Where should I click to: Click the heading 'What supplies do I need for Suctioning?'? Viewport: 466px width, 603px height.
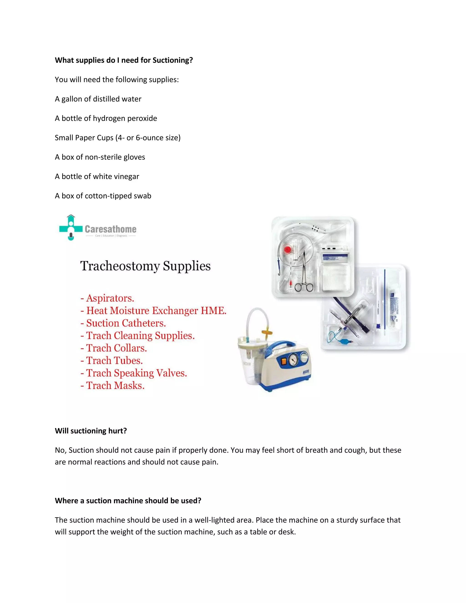pyautogui.click(x=124, y=60)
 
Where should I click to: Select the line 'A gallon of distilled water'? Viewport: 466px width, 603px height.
pyautogui.click(x=98, y=99)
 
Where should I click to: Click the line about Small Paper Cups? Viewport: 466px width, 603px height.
pyautogui.click(x=118, y=137)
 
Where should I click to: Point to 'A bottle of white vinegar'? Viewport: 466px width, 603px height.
pyautogui.click(x=97, y=176)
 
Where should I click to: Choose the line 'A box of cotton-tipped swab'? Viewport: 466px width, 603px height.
pyautogui.click(x=103, y=196)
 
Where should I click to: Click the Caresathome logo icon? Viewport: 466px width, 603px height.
pyautogui.click(x=71, y=228)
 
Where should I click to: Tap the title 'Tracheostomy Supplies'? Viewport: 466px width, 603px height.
pyautogui.click(x=145, y=266)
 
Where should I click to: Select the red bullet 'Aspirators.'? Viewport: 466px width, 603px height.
pyautogui.click(x=110, y=298)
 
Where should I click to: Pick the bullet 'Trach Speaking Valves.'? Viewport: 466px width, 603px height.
pyautogui.click(x=136, y=373)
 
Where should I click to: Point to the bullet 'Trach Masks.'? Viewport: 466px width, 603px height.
pyautogui.click(x=115, y=385)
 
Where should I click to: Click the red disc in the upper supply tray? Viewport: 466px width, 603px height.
pyautogui.click(x=288, y=250)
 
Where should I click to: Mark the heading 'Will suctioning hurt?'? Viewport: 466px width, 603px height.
pyautogui.click(x=91, y=431)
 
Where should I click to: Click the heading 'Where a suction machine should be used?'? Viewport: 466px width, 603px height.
pyautogui.click(x=128, y=501)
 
